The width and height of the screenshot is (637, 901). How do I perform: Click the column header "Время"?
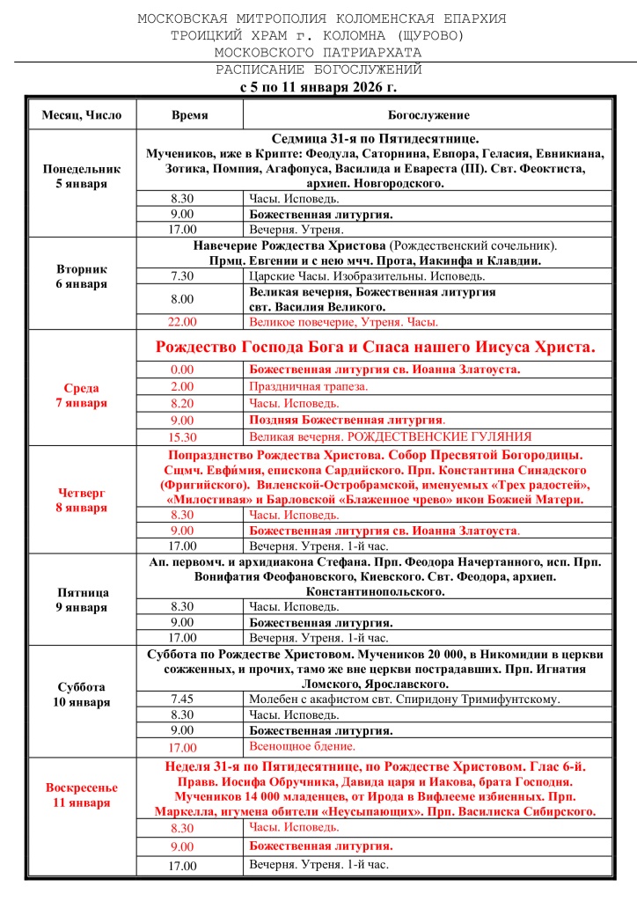[189, 115]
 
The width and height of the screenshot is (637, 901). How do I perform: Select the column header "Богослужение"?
[428, 115]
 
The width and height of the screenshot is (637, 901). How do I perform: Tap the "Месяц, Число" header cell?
[82, 115]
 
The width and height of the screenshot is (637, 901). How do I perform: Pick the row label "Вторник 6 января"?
[82, 276]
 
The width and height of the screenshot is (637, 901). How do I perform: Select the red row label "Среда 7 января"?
[82, 395]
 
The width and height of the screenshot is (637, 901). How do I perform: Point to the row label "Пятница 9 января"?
[82, 599]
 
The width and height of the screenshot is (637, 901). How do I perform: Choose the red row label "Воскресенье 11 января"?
[82, 795]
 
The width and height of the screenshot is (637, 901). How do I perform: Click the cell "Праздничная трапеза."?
[308, 386]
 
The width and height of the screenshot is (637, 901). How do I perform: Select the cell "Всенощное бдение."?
[302, 747]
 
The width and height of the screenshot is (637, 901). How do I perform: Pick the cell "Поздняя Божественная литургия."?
[348, 420]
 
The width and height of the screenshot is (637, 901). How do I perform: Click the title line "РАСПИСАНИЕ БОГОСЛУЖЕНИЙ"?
[318, 70]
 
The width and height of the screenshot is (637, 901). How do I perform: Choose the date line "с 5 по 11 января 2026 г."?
[318, 87]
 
